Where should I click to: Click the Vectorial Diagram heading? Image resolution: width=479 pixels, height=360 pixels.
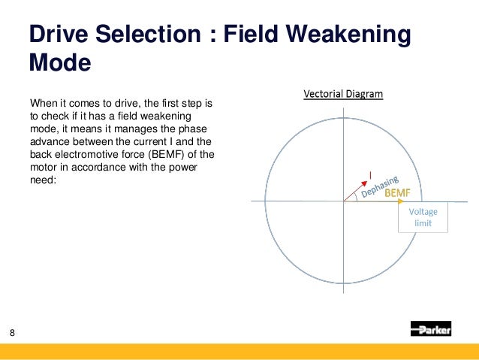coord(343,95)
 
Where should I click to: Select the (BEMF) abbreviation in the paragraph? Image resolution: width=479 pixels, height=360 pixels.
coord(171,156)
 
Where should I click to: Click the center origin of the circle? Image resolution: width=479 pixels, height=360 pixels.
coord(344,201)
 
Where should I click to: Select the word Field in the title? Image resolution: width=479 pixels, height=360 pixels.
coord(264,35)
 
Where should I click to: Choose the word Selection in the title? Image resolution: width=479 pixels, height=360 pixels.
coord(152,35)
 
